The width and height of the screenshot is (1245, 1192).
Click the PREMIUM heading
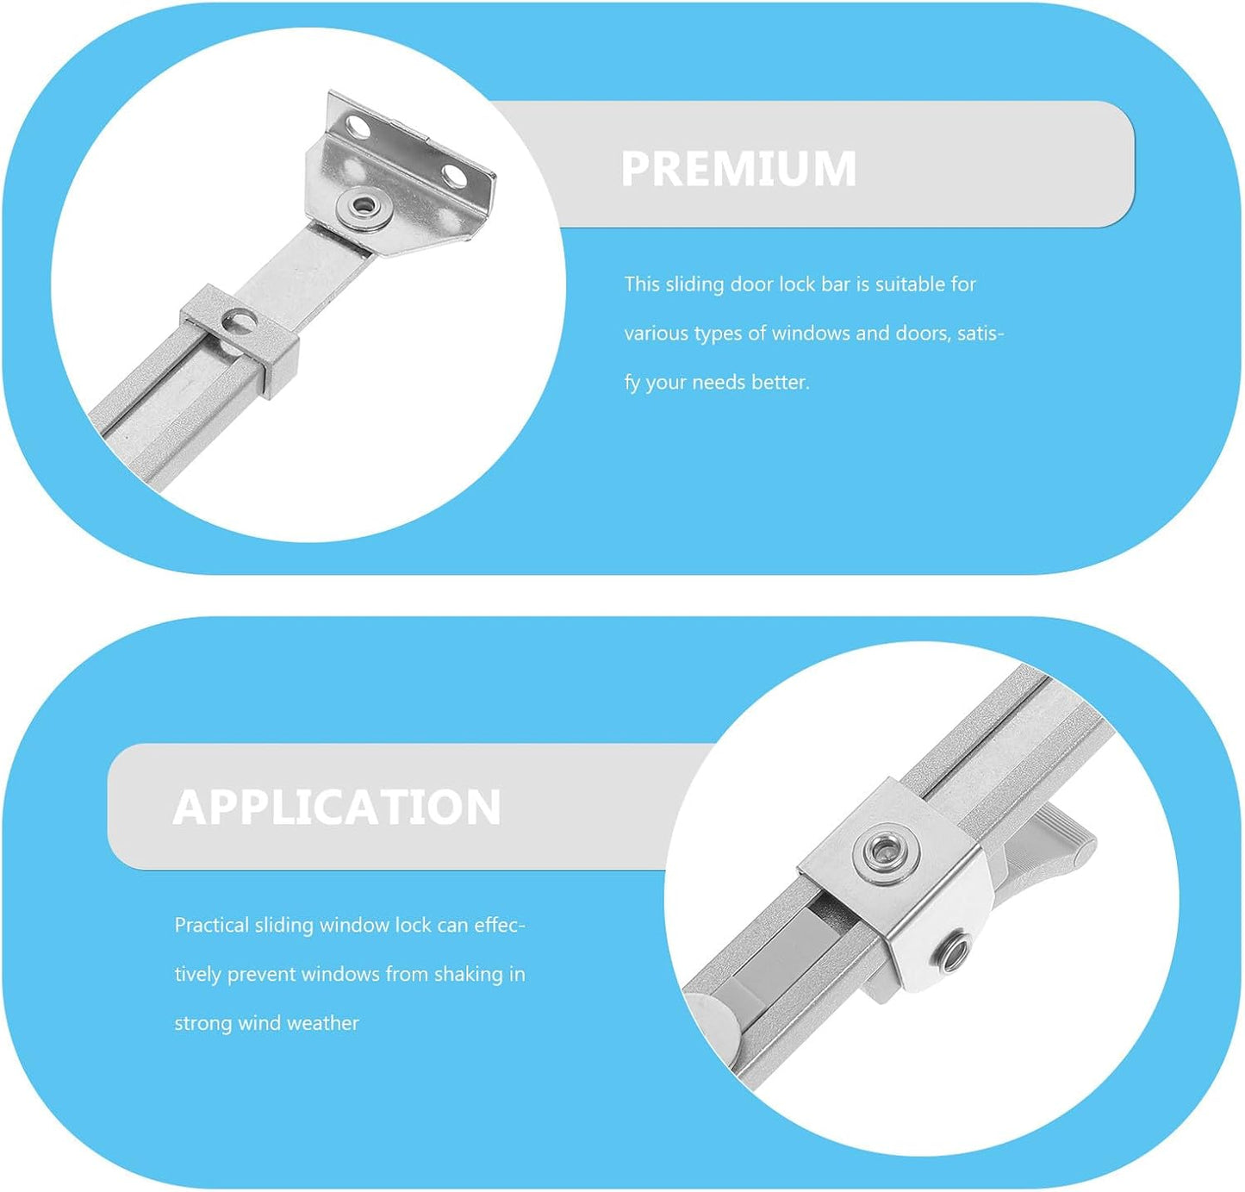pyautogui.click(x=738, y=168)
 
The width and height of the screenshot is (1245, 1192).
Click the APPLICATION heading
pyautogui.click(x=337, y=808)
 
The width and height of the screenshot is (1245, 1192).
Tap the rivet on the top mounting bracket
pyautogui.click(x=364, y=206)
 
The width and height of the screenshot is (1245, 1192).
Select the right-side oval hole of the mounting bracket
pyautogui.click(x=455, y=176)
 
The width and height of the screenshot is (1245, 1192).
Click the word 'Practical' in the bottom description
pyautogui.click(x=211, y=925)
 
